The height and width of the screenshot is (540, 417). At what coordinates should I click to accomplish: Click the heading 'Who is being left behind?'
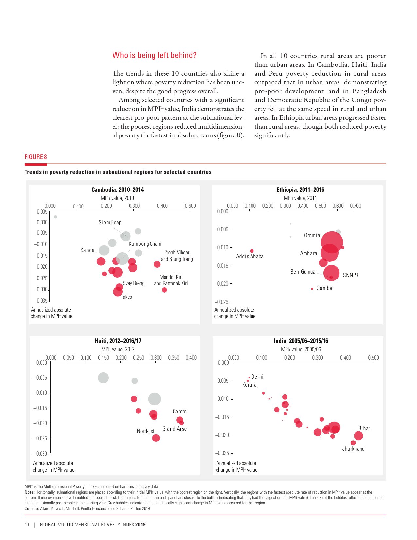click(x=154, y=55)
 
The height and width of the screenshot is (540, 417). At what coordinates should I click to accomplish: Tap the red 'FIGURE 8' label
click(x=36, y=157)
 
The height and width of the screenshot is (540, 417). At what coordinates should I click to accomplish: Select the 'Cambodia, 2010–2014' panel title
click(x=117, y=190)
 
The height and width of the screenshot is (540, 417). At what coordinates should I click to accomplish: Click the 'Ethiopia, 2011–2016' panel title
click(x=300, y=190)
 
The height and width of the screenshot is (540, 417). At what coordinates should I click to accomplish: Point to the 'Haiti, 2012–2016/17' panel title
click(x=118, y=341)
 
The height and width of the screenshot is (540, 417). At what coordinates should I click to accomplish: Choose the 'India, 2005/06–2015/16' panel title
click(x=301, y=341)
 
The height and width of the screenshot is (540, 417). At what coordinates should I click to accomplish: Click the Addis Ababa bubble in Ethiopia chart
click(x=252, y=251)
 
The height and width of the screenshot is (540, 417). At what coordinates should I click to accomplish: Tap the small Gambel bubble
click(x=312, y=289)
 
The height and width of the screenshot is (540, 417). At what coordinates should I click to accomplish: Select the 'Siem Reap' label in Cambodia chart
click(x=110, y=223)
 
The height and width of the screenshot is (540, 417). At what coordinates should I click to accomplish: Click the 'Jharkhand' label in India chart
click(x=353, y=449)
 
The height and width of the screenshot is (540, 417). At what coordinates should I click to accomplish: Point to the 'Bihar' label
click(x=364, y=429)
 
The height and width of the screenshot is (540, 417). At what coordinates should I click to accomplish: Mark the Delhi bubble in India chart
click(x=249, y=378)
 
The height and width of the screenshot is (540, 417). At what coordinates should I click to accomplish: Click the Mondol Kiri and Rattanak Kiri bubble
click(x=165, y=290)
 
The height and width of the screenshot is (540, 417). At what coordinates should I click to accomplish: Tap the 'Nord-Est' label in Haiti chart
click(x=146, y=431)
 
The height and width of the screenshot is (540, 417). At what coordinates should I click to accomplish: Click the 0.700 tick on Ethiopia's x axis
click(x=356, y=206)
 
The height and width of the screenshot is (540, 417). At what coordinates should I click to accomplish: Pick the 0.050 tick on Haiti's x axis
click(x=68, y=358)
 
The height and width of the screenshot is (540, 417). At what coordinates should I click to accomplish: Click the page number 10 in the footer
click(x=27, y=525)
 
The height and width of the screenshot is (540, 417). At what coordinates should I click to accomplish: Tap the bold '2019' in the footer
click(x=140, y=525)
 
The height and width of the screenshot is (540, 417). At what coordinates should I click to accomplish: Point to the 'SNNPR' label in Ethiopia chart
click(x=351, y=276)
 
